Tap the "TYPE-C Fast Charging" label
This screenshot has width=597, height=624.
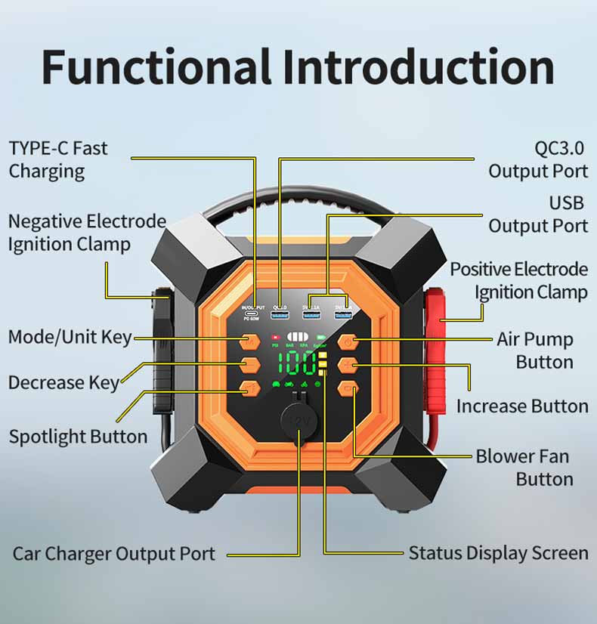tap(58, 159)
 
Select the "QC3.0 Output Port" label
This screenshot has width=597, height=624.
tap(538, 159)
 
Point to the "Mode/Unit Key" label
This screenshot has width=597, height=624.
tap(70, 337)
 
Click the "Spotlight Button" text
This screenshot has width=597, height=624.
tap(78, 437)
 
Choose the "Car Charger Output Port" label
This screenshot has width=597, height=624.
tap(113, 554)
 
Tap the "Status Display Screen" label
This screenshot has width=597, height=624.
tap(498, 553)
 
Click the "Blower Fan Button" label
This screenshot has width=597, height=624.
tap(523, 468)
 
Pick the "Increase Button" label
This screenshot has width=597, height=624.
tap(522, 406)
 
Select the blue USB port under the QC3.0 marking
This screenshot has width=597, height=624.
tap(280, 314)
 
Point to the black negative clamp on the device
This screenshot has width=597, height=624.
tap(162, 355)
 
